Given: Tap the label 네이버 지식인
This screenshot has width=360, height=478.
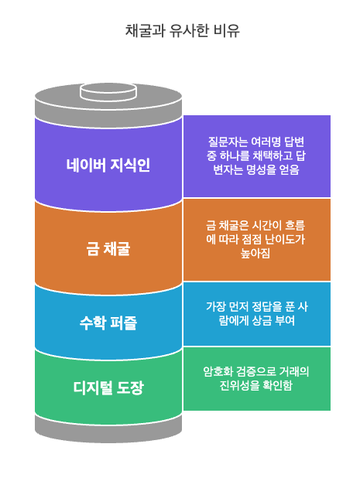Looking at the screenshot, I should (108, 165).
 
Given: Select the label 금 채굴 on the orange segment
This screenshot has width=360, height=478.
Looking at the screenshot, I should (108, 249).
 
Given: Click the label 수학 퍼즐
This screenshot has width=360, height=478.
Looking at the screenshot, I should (108, 323).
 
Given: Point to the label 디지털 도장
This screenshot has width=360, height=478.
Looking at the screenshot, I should (108, 388).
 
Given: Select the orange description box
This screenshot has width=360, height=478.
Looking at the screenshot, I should (256, 239).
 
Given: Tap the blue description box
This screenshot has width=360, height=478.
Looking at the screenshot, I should (256, 313).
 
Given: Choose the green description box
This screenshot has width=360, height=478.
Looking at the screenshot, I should (256, 378).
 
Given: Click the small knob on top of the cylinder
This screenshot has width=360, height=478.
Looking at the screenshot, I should (108, 92).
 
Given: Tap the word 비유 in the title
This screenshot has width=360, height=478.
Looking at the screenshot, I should (228, 31).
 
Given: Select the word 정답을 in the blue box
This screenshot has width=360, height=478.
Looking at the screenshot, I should (256, 306).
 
